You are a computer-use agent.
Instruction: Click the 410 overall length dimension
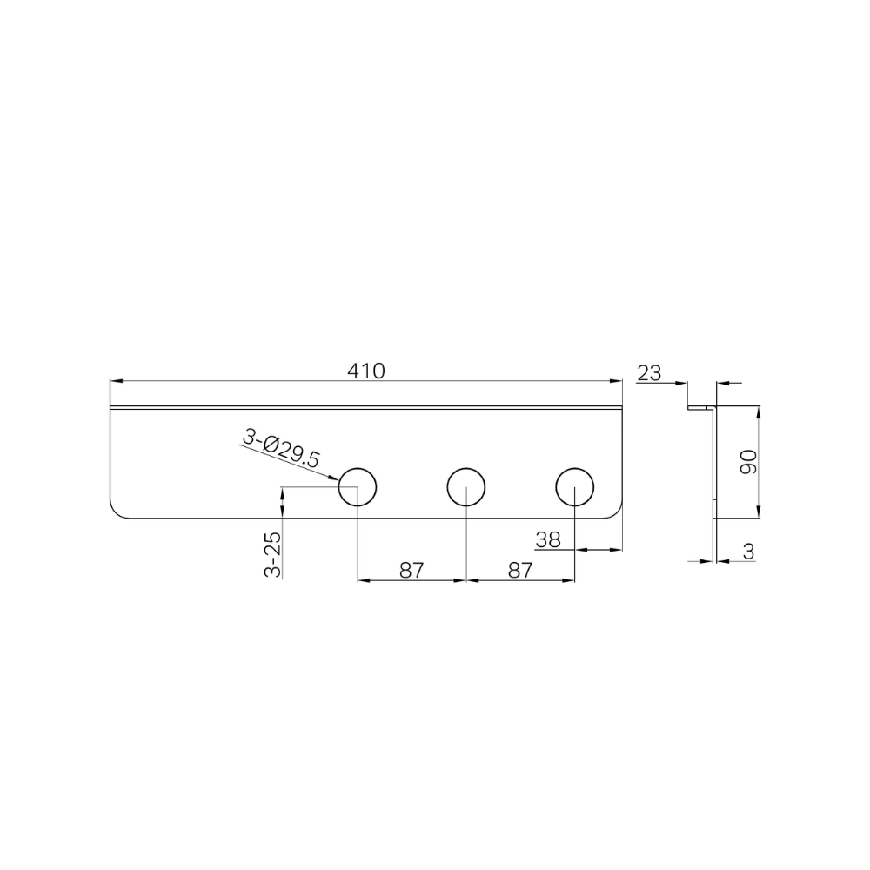[x=366, y=371]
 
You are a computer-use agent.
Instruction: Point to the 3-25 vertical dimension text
[x=272, y=555]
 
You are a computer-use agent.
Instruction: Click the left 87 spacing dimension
[x=412, y=570]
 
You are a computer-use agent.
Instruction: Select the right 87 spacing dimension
[x=520, y=570]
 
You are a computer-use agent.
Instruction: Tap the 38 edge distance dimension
[x=548, y=539]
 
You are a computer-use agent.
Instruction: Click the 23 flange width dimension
[x=649, y=373]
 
